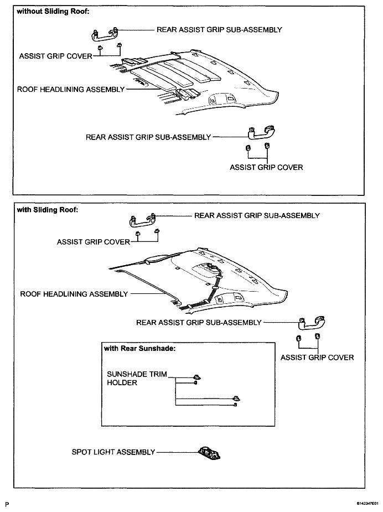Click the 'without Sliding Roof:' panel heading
click(53, 12)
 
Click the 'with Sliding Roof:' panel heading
click(48, 210)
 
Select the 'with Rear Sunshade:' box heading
click(139, 348)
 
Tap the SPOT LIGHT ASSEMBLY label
click(113, 452)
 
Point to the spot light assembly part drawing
click(209, 453)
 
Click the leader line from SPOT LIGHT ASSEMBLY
click(177, 452)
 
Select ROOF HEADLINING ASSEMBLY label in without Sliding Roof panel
click(71, 90)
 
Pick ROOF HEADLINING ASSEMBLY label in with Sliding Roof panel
click(74, 294)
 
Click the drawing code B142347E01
click(368, 504)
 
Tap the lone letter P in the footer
click(7, 504)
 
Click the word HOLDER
click(122, 382)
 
